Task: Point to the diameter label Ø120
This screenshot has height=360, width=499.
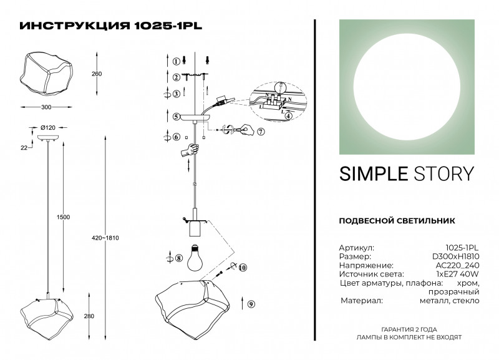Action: [x=47, y=128]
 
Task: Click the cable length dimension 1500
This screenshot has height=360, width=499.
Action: [x=63, y=217]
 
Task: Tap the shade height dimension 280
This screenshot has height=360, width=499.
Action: [x=89, y=316]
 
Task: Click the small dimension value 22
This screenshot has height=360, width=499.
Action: [x=24, y=148]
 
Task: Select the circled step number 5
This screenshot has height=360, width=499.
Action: [x=177, y=117]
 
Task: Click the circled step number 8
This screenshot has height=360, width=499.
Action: [x=178, y=258]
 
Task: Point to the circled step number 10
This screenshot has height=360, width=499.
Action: [x=243, y=268]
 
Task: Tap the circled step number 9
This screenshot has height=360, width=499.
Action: [x=251, y=304]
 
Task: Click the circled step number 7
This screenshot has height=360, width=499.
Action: [x=261, y=131]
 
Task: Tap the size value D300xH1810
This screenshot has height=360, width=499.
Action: [x=457, y=256]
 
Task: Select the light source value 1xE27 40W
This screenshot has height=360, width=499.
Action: [x=458, y=274]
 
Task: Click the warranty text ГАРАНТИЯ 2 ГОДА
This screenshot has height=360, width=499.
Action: [x=409, y=328]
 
